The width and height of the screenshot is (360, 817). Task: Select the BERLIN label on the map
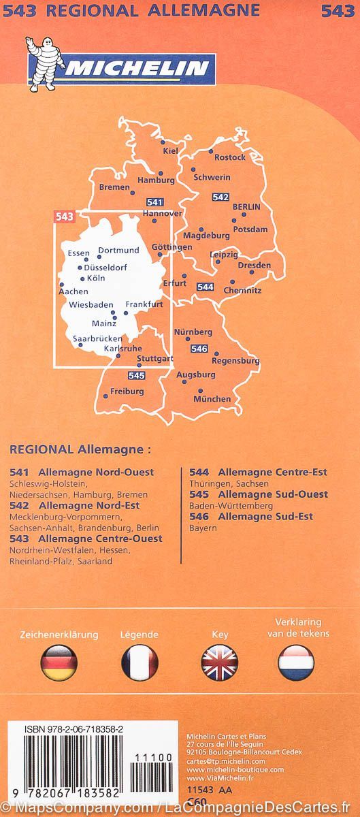coord(246,207)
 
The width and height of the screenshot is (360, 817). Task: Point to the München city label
coord(212,399)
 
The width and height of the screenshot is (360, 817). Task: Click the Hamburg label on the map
coord(156,181)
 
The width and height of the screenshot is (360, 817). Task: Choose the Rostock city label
coord(229,157)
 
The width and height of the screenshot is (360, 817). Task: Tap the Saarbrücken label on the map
coord(97,338)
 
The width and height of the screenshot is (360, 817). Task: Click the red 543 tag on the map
coord(64,217)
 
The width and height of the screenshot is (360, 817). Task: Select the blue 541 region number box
coord(155,202)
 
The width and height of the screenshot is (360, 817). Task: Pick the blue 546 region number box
coord(199,349)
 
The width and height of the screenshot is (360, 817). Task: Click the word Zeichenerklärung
coord(59,635)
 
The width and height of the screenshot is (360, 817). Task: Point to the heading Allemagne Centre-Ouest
coord(101,539)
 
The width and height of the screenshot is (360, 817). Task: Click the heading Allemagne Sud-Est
coord(261,517)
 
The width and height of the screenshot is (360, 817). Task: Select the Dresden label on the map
coord(255,266)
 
